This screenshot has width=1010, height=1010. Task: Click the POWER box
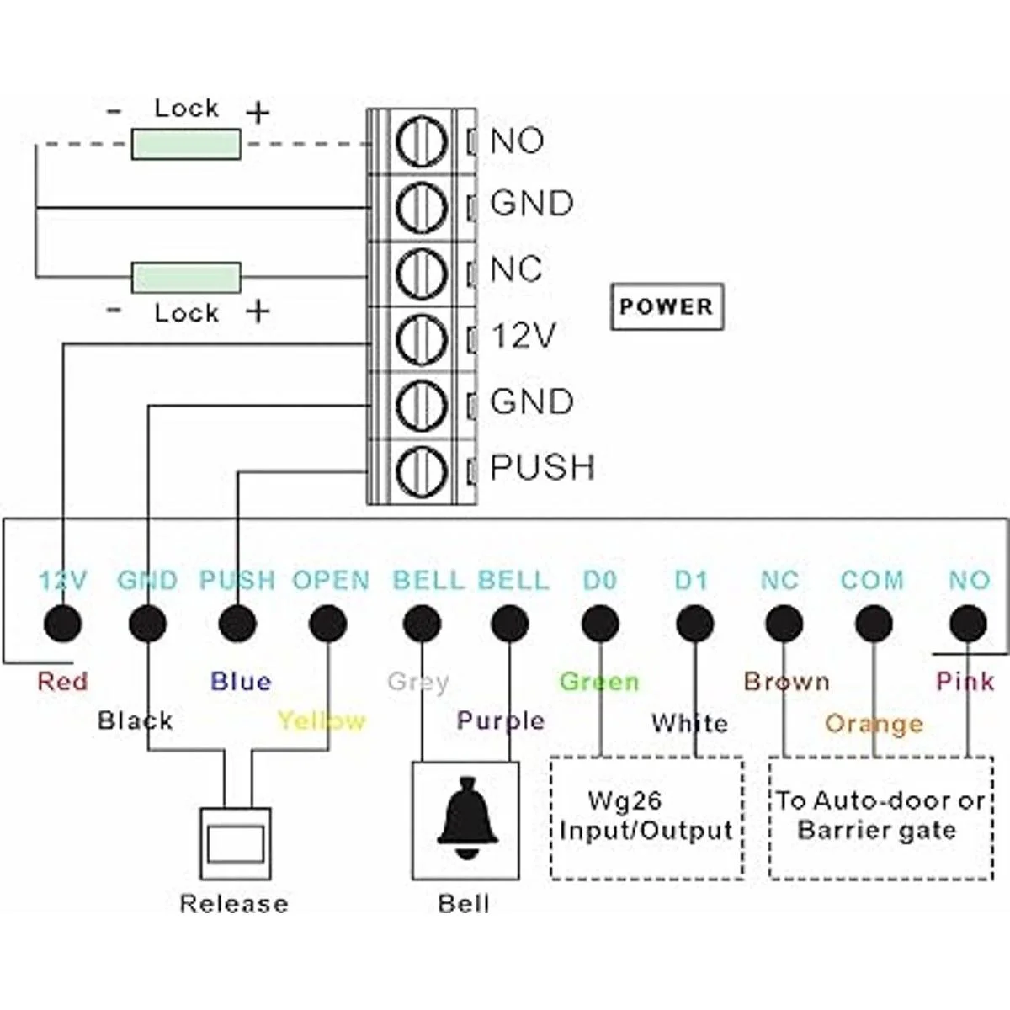666,306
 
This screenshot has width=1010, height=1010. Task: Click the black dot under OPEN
327,625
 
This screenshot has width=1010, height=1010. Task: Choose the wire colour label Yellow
322,721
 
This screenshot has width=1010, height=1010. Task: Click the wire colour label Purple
501,720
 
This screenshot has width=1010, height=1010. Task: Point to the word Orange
874,724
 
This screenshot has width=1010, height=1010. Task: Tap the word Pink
965,681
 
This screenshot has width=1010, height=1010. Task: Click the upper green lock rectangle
186,145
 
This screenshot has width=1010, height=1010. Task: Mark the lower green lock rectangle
186,278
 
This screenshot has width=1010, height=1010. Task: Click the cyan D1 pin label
692,581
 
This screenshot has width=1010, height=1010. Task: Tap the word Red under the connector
62,681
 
